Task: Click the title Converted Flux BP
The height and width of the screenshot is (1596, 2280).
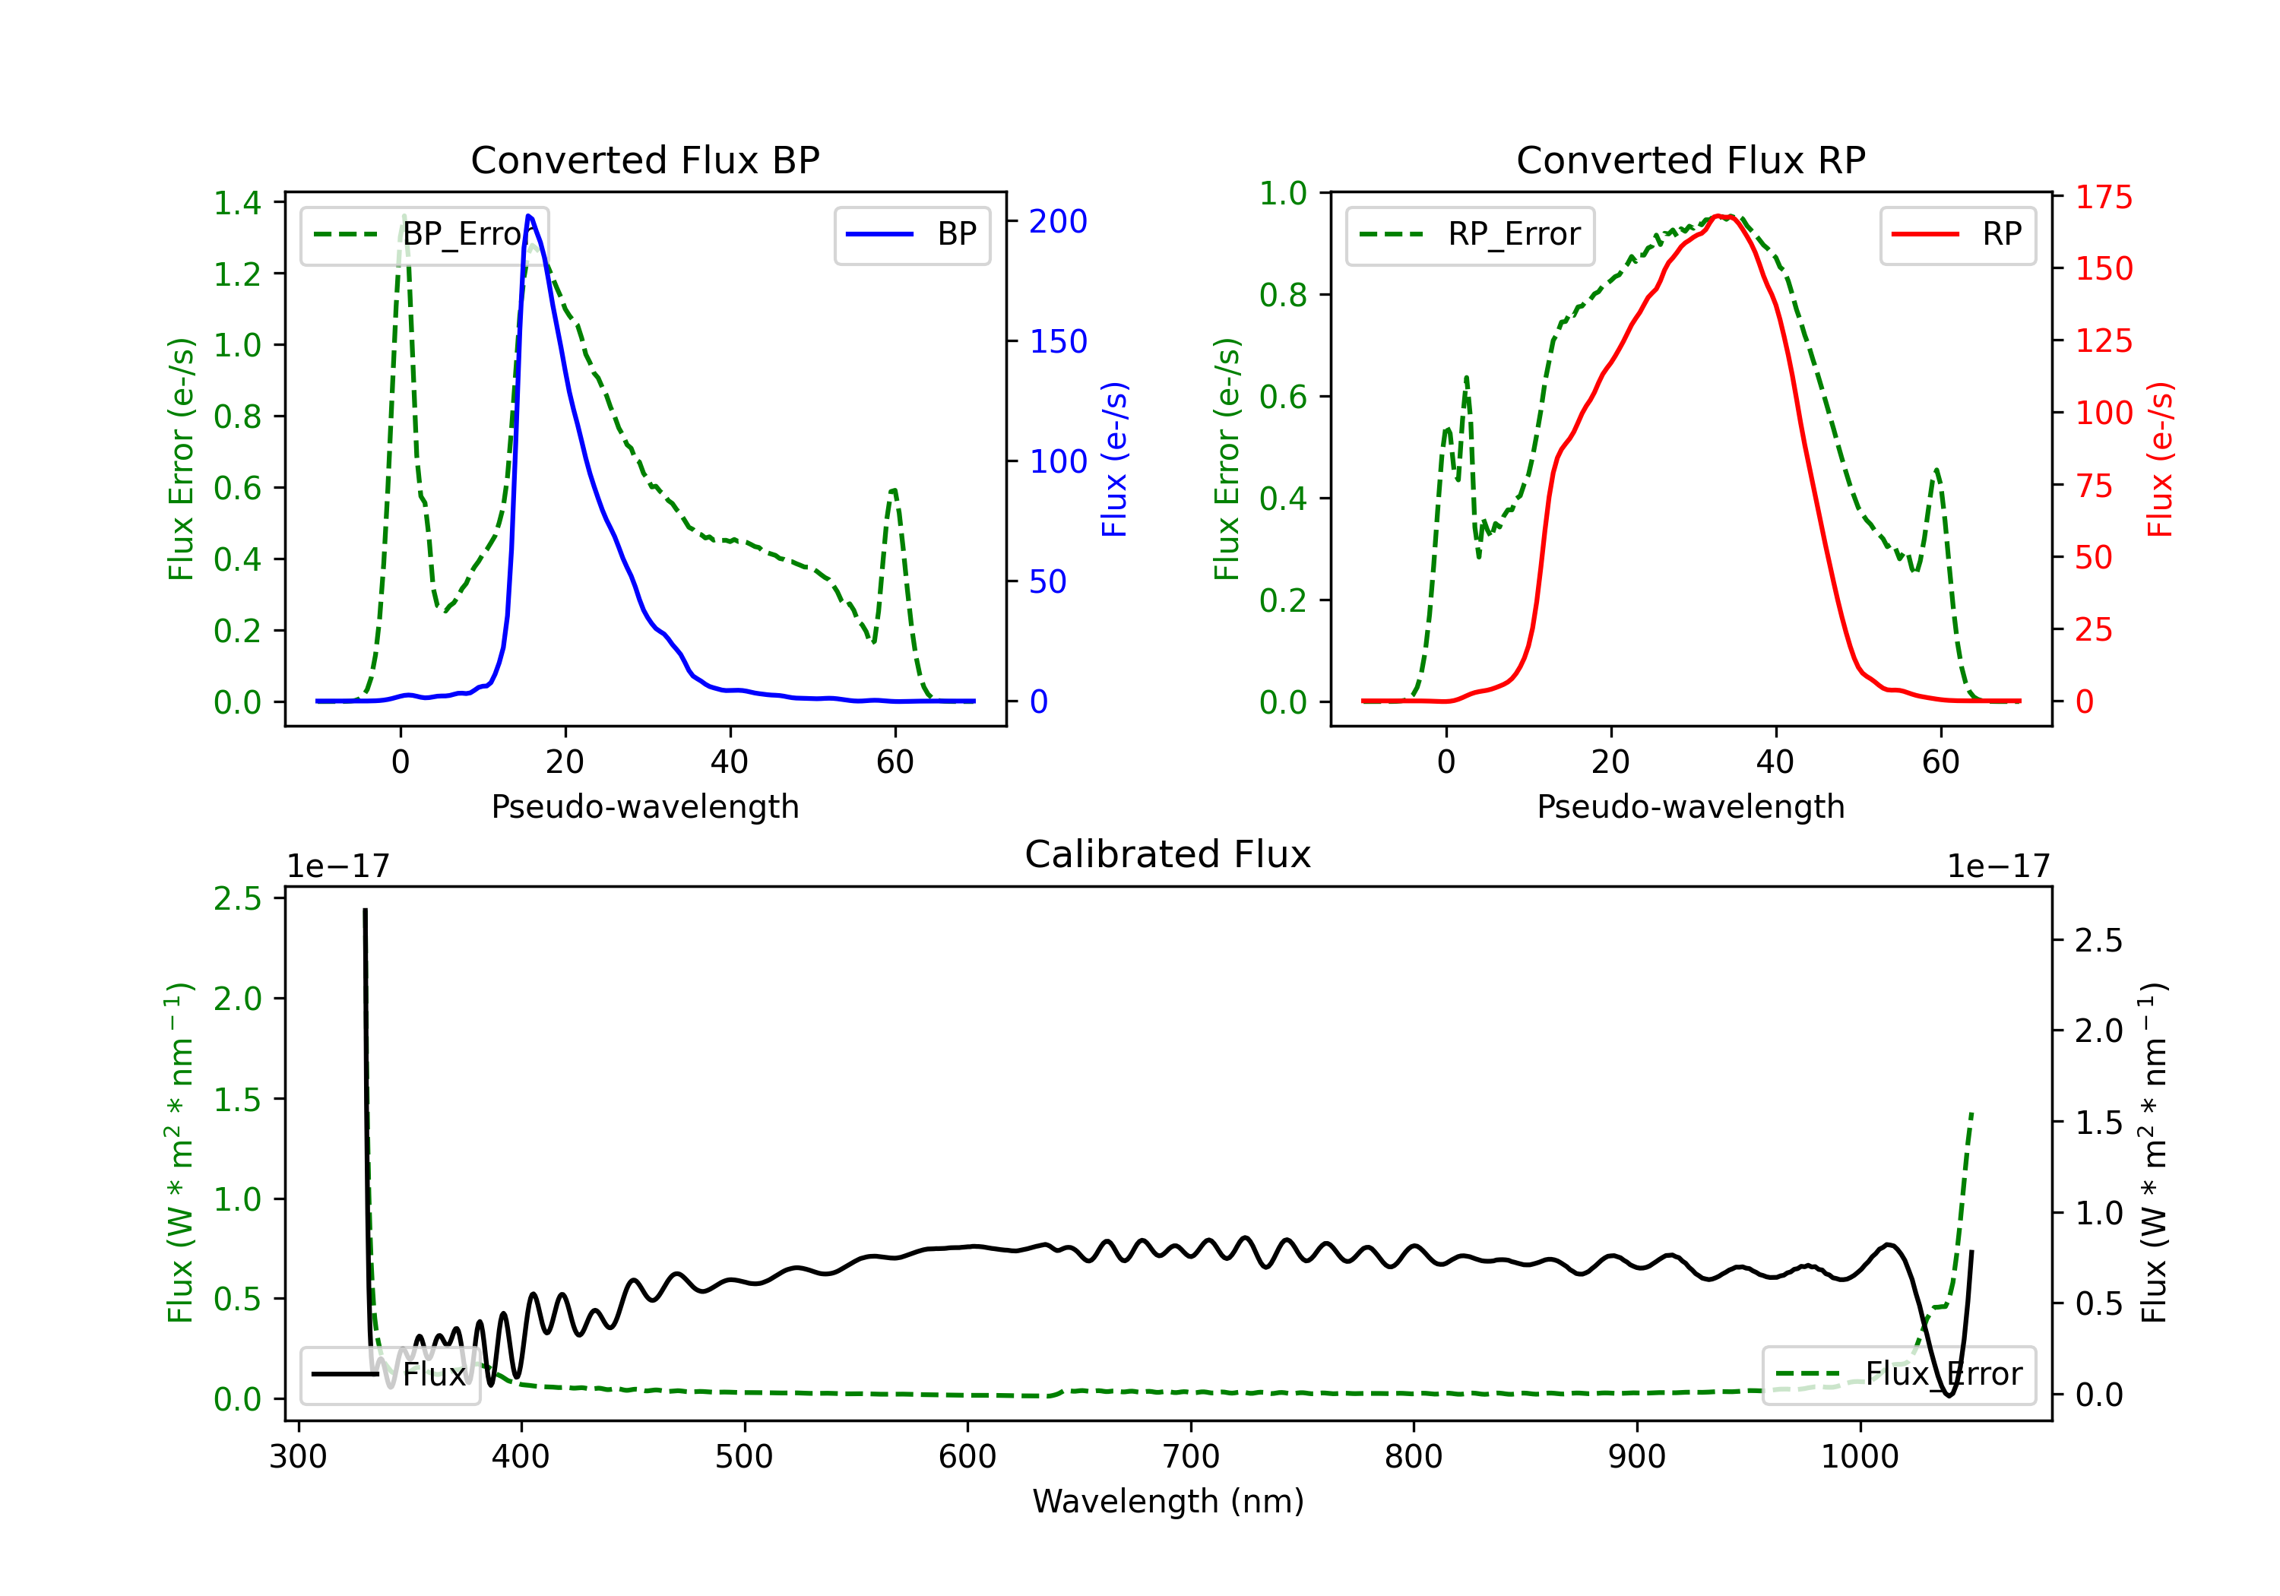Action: click(644, 160)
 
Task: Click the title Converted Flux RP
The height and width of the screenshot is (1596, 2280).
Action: click(1690, 160)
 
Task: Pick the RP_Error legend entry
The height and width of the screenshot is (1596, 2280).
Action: click(1470, 234)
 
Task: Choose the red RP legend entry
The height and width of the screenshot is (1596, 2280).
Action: click(1957, 234)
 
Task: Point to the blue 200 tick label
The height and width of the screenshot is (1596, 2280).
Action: click(1058, 221)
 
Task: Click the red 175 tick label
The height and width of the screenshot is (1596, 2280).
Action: click(2103, 198)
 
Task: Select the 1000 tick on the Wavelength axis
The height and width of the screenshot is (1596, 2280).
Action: click(1859, 1456)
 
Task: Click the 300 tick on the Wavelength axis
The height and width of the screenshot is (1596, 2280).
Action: click(298, 1456)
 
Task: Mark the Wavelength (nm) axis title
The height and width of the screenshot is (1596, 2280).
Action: click(1168, 1501)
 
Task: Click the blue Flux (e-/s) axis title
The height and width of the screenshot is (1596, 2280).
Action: click(1115, 460)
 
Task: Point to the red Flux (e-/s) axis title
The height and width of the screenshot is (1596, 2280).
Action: click(2160, 460)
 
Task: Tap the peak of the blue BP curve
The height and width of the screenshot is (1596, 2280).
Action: click(529, 216)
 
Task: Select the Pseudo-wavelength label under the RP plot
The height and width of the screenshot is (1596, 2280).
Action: click(1690, 806)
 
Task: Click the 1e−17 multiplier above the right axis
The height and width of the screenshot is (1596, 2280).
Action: click(1998, 866)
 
